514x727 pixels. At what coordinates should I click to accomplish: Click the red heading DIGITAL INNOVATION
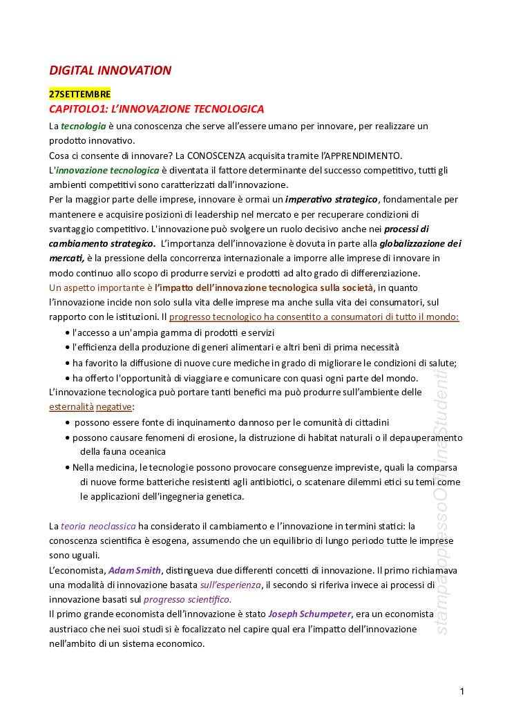tap(110, 70)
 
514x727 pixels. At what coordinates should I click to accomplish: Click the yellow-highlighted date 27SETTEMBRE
tap(79, 94)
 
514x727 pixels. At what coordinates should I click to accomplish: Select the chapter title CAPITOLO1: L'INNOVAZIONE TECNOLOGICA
tap(156, 109)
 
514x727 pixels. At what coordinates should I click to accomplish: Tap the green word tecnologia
tap(83, 126)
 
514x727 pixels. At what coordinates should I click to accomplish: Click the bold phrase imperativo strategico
tap(332, 200)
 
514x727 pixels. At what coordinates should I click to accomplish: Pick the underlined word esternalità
tap(70, 407)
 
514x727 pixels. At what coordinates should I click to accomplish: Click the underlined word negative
tap(113, 407)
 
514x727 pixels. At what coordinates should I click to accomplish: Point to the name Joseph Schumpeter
tap(310, 614)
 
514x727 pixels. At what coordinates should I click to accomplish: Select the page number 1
tap(462, 691)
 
